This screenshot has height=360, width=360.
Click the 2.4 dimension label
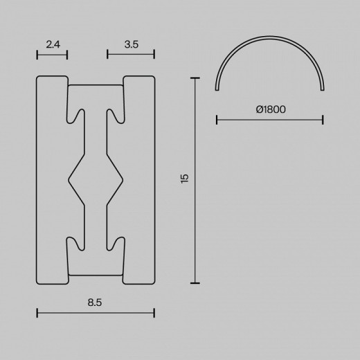pos(52,44)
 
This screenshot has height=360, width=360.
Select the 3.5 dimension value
pos(131,44)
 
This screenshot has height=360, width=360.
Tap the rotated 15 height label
pos(184,179)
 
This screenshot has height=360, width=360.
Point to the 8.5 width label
pos(95,302)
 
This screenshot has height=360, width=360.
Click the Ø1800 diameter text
pos(270,109)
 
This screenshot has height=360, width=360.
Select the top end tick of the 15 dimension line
pos(196,78)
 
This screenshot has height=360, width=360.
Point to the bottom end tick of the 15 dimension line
pos(196,283)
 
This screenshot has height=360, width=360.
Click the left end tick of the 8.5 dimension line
pos(37,313)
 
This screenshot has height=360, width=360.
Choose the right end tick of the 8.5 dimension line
pos(154,313)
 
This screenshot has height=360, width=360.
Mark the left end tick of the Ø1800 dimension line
pos(217,120)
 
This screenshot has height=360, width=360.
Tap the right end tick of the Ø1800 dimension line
pos(323,120)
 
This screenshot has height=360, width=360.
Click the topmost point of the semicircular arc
pos(270,39)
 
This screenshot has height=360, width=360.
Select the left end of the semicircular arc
pos(218,90)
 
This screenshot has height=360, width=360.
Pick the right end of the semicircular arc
pos(322,90)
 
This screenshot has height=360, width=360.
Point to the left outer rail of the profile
pos(51,179)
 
